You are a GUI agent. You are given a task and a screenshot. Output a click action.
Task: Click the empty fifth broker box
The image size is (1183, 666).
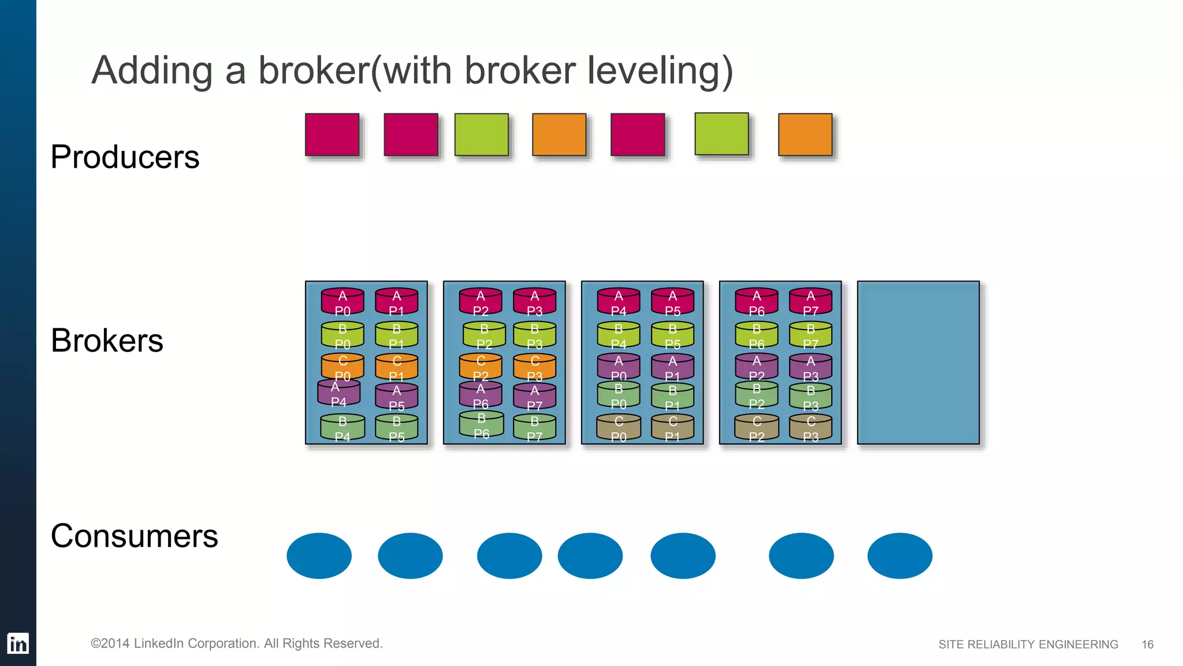(x=918, y=362)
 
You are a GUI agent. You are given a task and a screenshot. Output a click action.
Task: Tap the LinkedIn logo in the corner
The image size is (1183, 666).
(x=18, y=643)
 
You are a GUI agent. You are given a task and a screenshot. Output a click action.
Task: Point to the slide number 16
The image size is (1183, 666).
(x=1147, y=644)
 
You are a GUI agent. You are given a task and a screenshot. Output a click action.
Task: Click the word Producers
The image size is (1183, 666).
(x=125, y=157)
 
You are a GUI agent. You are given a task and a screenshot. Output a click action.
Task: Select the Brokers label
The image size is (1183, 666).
(x=107, y=340)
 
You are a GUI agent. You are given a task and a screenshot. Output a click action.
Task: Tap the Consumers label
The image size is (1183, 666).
(x=134, y=535)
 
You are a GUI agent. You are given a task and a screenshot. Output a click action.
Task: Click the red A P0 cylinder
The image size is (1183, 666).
(x=343, y=302)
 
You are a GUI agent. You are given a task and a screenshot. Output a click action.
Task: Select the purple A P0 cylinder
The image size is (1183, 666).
(x=619, y=367)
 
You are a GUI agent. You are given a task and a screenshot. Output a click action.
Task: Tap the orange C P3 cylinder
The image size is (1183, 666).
(x=534, y=367)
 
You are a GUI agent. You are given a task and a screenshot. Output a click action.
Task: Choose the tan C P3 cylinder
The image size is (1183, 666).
(x=810, y=428)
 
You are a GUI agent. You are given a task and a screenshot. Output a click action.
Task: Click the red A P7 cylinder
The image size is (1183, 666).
(x=810, y=302)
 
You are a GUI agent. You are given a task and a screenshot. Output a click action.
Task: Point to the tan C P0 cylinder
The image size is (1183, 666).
(x=619, y=428)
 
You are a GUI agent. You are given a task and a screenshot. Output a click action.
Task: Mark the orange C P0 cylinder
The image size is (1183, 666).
(x=343, y=367)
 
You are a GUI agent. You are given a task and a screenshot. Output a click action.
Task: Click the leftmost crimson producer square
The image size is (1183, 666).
(x=332, y=135)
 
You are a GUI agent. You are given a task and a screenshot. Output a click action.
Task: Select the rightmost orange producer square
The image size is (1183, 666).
(x=805, y=135)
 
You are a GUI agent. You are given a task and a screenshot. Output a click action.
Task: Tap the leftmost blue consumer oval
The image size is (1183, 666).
(x=319, y=556)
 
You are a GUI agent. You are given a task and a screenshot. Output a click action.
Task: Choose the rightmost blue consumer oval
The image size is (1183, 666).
(x=899, y=556)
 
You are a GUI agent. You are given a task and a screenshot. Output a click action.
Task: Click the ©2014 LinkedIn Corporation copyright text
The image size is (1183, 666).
(x=237, y=643)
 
